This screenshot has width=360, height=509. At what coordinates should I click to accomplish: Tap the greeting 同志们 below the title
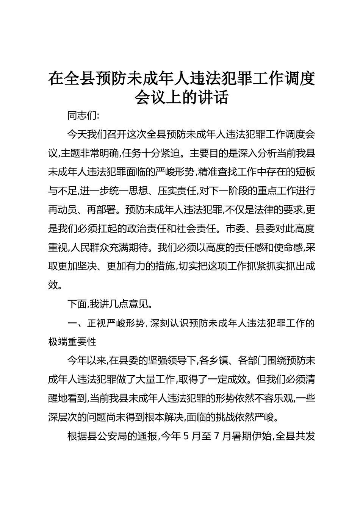pyautogui.click(x=82, y=116)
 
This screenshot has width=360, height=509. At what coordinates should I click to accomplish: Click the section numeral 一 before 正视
pyautogui.click(x=72, y=323)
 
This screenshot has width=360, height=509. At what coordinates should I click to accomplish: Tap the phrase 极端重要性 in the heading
pyautogui.click(x=72, y=341)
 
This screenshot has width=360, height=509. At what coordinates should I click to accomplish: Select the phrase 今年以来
pyautogui.click(x=87, y=360)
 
